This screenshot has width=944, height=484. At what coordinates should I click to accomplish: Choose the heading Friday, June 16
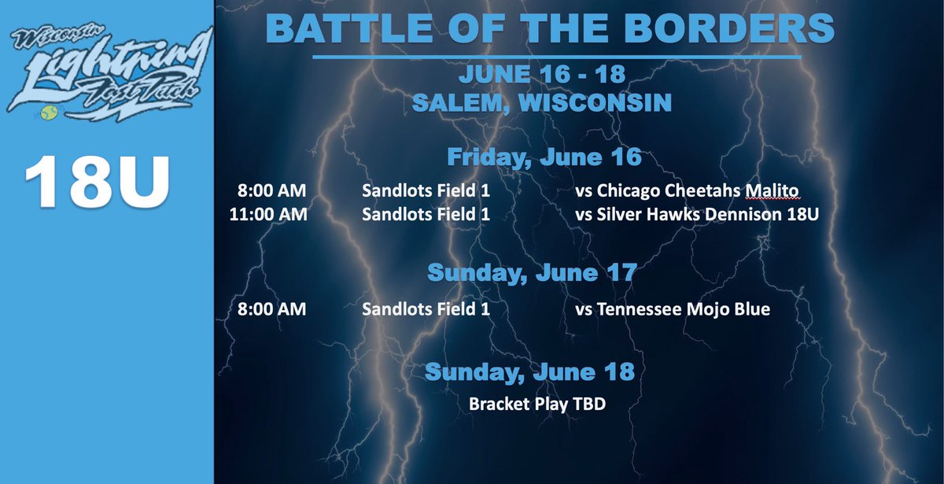pos(544,157)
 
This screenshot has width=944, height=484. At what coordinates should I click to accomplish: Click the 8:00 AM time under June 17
pos(271,309)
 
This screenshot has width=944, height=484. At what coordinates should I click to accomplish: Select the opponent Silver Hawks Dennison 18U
pos(697,213)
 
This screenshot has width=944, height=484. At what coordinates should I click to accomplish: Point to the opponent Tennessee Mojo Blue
pos(673,309)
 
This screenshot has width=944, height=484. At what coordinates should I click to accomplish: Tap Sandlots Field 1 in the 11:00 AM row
pos(426,213)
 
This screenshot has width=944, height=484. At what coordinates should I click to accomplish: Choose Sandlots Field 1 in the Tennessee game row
pos(426,309)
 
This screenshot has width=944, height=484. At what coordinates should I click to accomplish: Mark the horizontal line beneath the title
pos(557,57)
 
